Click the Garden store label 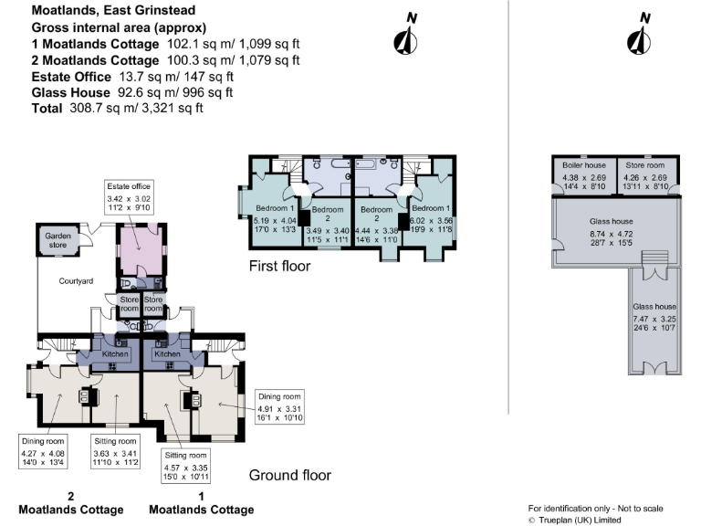(x=58, y=240)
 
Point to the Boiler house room (x=584, y=176)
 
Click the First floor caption (x=280, y=268)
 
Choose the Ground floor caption (x=289, y=476)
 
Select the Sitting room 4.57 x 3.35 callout (x=187, y=466)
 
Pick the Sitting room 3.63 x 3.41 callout (x=116, y=452)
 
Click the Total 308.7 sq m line (x=117, y=108)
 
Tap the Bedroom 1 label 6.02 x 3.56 (x=433, y=215)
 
